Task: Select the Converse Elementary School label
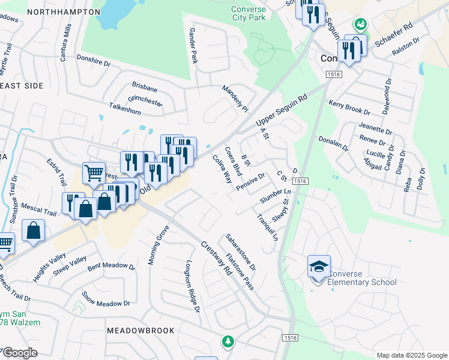(363, 278)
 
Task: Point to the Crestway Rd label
(216, 259)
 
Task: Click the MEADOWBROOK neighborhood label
(140, 331)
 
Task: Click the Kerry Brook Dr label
(349, 107)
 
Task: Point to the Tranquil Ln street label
(268, 227)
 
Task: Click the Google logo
(20, 353)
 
